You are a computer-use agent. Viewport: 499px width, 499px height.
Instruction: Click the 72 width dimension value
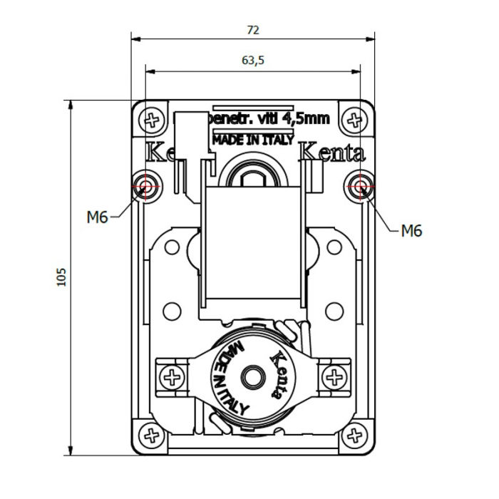[x=253, y=30]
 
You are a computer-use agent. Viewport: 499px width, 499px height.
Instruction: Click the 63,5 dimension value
[x=253, y=61]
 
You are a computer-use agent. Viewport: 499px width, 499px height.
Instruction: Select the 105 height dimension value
[x=61, y=277]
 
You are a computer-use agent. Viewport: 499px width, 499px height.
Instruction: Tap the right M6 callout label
[x=411, y=230]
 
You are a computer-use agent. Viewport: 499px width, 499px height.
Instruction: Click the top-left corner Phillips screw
[x=152, y=120]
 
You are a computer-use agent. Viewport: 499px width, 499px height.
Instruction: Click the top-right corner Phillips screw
[x=353, y=120]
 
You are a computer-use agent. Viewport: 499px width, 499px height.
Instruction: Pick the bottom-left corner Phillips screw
[x=151, y=433]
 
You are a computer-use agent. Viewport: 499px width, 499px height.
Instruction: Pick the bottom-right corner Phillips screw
[x=354, y=433]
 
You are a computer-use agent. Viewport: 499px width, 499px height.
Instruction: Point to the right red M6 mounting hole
[x=359, y=187]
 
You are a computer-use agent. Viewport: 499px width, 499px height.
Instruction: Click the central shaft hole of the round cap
[x=252, y=375]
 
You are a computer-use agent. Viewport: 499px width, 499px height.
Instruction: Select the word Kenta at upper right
[x=331, y=153]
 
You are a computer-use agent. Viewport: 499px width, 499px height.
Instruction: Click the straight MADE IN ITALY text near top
[x=253, y=140]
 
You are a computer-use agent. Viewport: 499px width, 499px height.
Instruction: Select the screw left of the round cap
[x=171, y=377]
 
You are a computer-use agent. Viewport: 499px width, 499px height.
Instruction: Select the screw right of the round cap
[x=334, y=377]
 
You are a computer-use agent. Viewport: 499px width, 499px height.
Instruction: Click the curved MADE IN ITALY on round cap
[x=230, y=378]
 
